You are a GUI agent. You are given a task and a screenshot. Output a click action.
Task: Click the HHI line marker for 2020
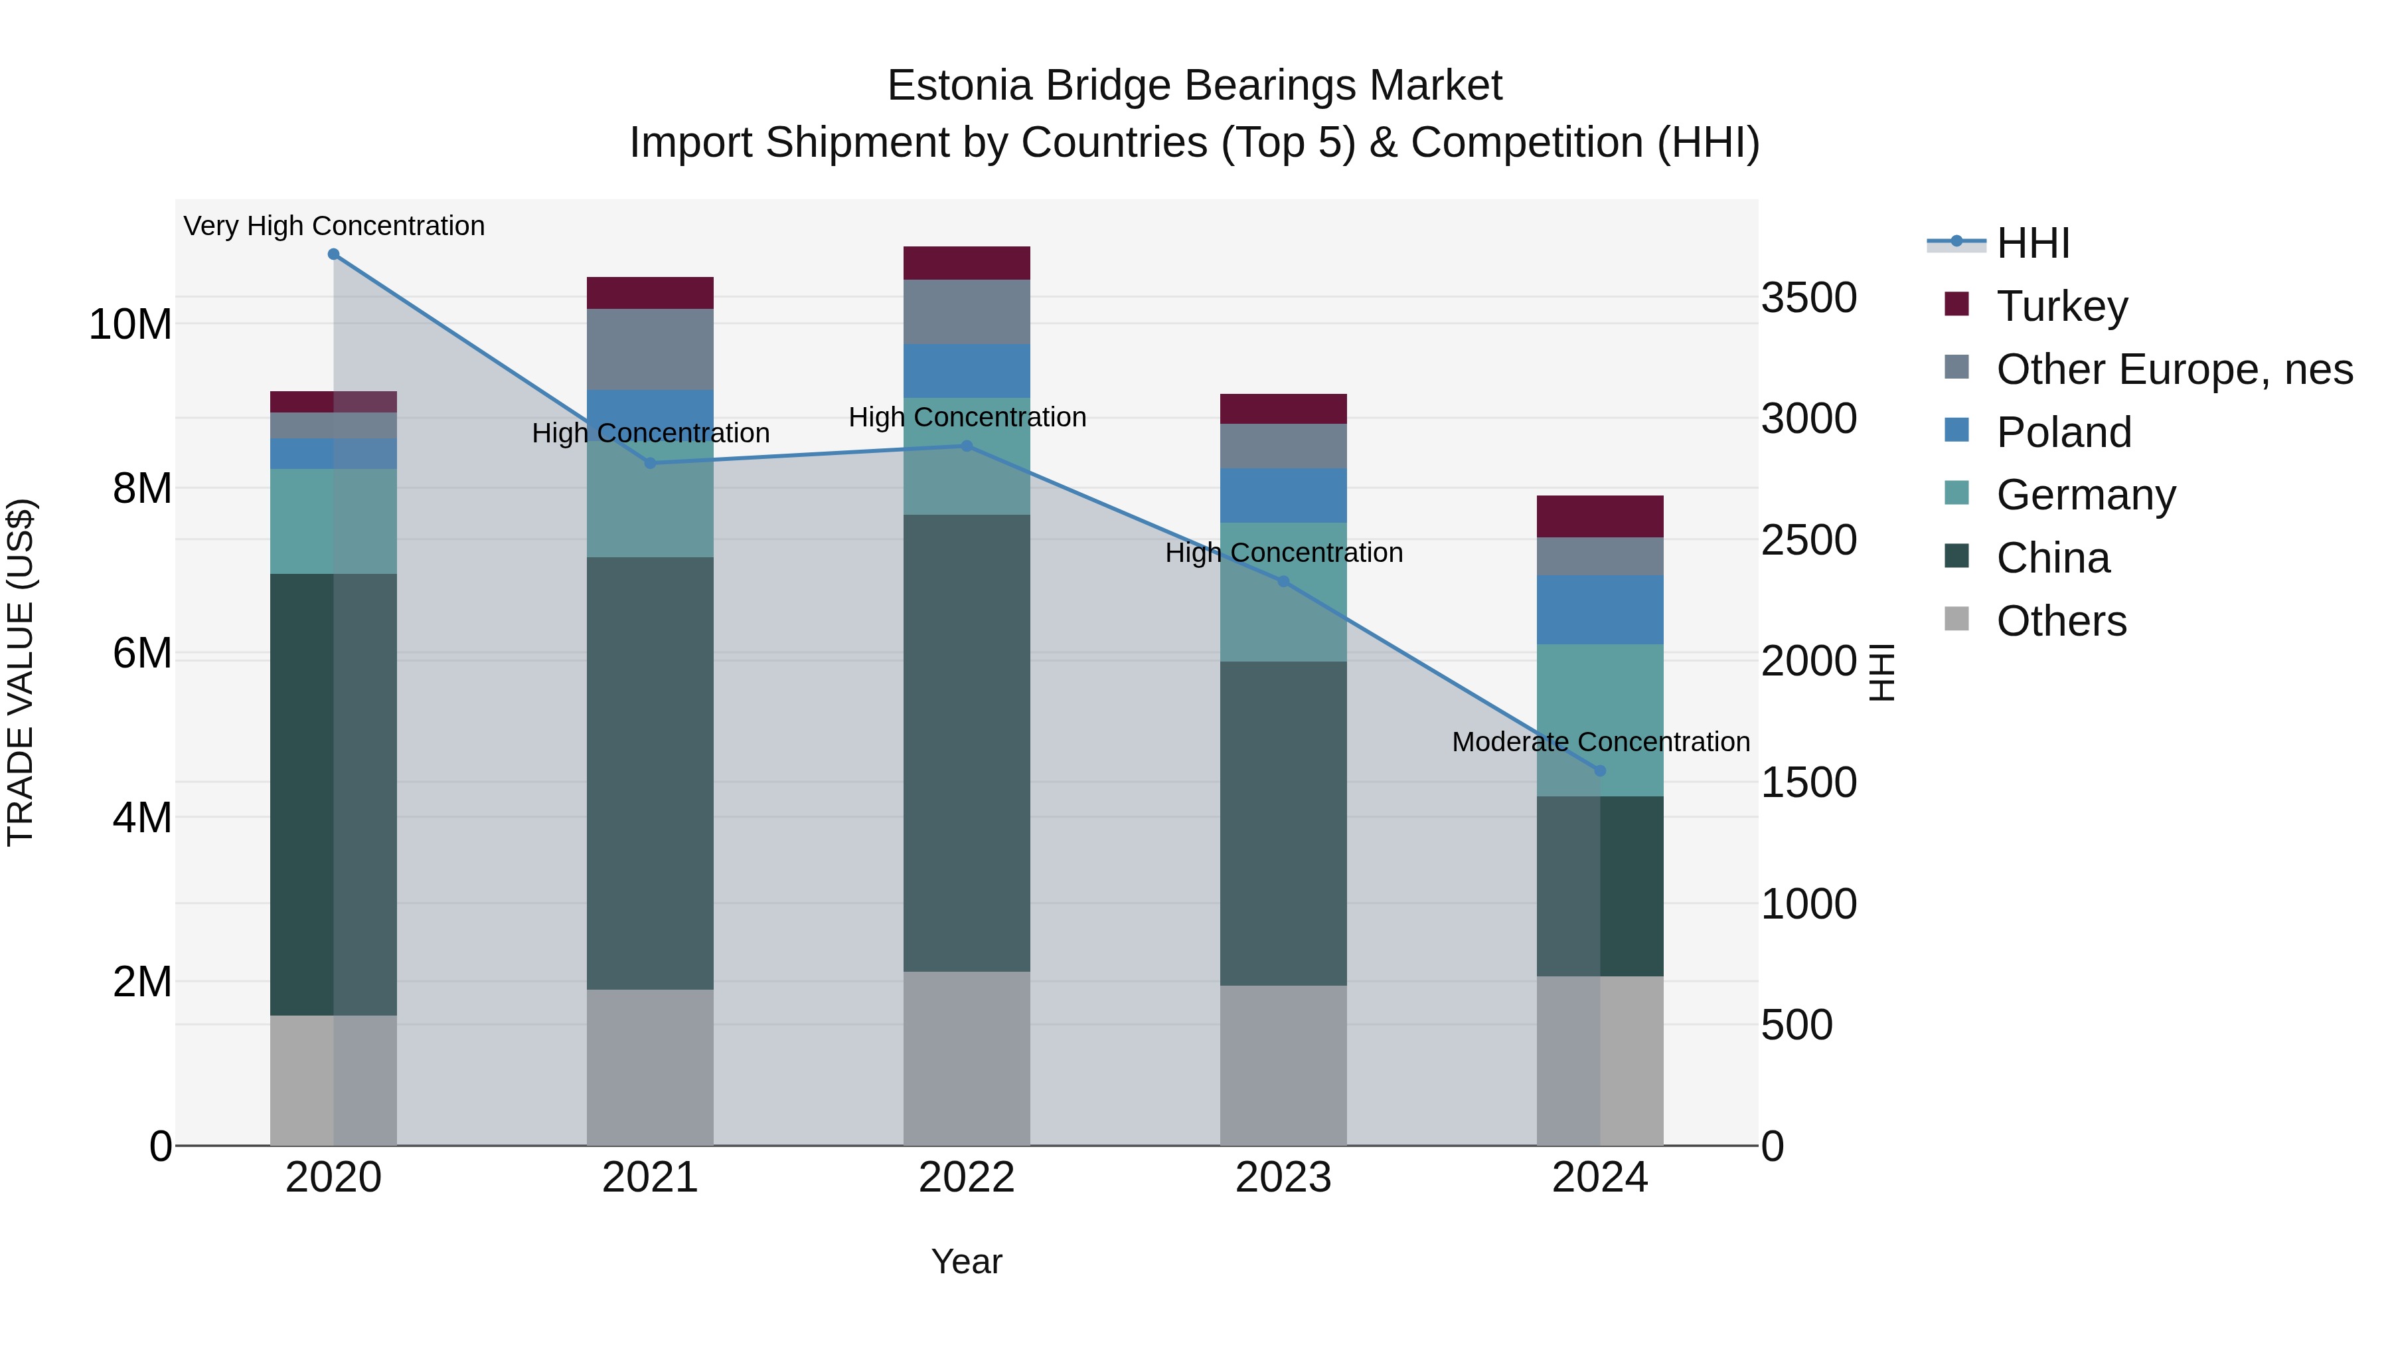(333, 254)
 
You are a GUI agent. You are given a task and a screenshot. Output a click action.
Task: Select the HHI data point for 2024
(1599, 770)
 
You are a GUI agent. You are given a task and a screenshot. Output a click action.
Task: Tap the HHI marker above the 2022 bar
(967, 446)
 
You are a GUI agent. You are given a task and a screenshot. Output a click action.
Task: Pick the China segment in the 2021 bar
(649, 772)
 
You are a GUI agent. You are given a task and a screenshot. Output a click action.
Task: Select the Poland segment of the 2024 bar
(1599, 609)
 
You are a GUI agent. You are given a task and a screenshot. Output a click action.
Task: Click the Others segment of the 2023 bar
(1283, 1065)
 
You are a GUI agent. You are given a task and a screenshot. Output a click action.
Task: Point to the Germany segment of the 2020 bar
(333, 521)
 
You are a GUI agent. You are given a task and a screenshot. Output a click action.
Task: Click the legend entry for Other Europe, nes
(2174, 369)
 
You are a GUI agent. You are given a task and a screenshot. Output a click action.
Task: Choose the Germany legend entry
(2086, 495)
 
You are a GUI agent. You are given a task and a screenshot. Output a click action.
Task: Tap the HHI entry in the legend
(2032, 243)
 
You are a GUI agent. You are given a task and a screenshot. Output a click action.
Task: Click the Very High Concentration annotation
(334, 226)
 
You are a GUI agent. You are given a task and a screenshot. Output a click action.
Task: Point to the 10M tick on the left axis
(130, 324)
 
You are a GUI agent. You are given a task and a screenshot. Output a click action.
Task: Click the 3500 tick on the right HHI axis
(1808, 298)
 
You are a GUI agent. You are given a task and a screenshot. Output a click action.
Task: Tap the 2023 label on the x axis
(1283, 1178)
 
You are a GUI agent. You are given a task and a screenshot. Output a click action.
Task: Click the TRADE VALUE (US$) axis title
(21, 672)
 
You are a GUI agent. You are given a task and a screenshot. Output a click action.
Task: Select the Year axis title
(967, 1261)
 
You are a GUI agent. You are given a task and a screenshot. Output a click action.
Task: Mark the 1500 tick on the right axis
(1808, 782)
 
